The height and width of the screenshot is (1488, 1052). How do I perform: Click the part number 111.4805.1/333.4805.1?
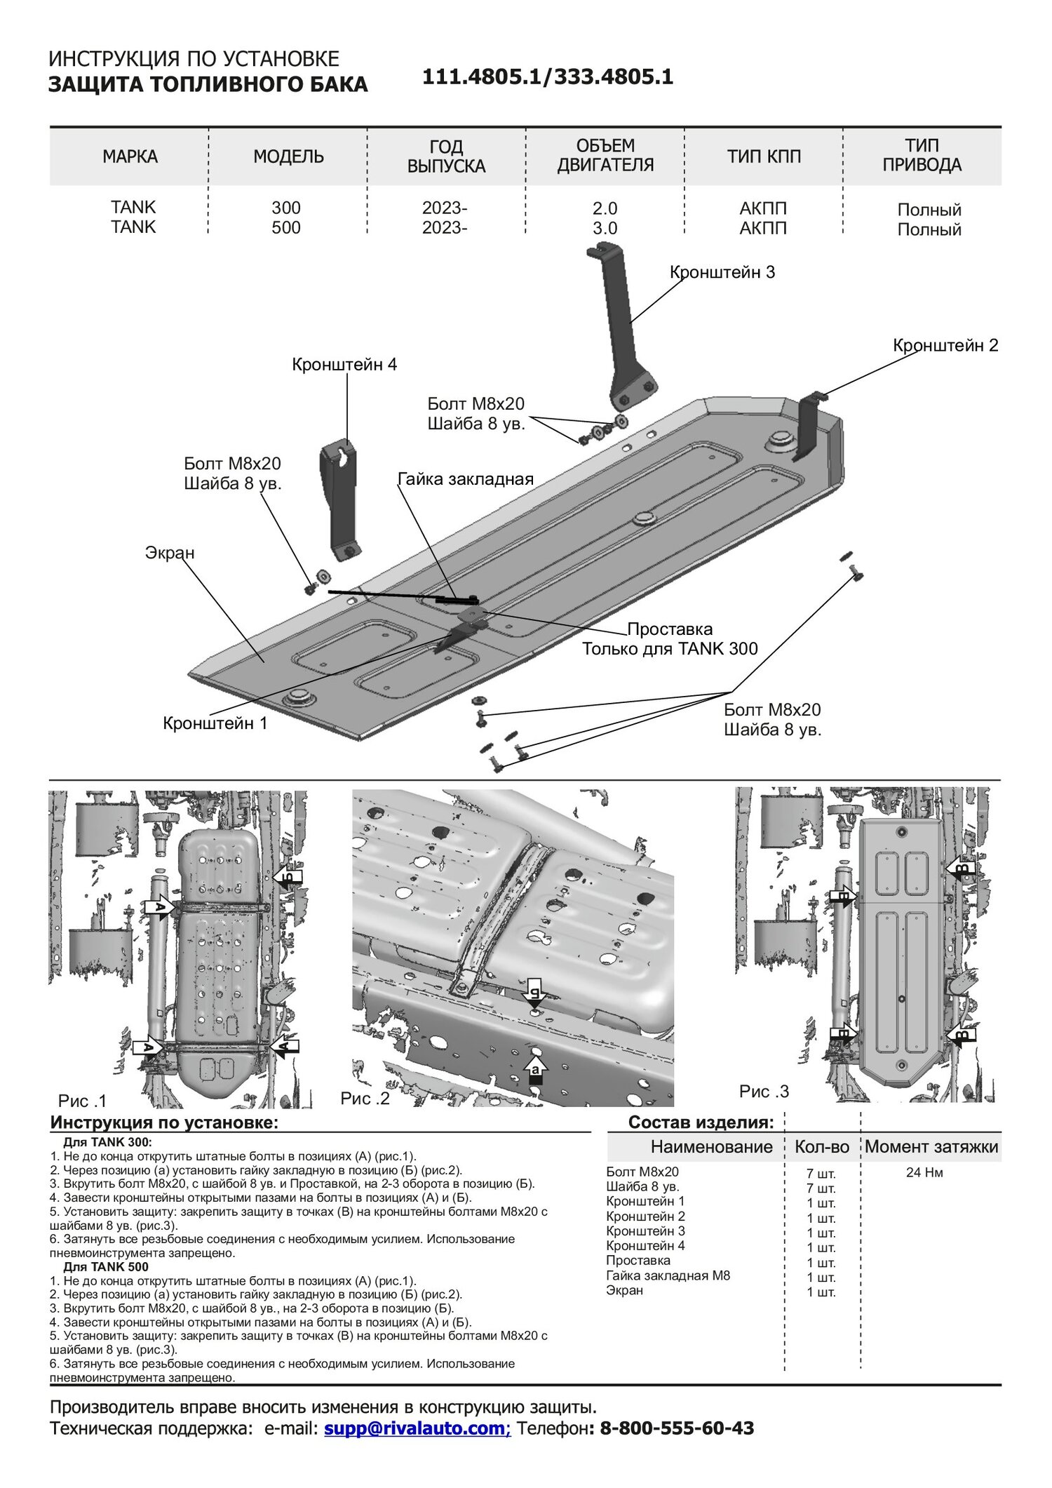547,77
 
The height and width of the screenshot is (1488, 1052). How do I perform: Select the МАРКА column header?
130,156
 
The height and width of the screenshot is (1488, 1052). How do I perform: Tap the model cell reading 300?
286,208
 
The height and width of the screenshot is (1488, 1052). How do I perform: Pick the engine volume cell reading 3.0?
605,229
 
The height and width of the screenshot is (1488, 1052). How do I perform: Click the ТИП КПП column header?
764,156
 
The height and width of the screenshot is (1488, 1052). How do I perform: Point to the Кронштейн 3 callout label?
722,272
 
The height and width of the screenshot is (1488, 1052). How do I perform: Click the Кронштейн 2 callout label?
945,345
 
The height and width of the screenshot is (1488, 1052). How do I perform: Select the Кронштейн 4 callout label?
344,365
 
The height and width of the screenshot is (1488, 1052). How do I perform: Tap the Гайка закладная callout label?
466,479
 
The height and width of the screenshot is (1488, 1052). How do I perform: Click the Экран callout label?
170,553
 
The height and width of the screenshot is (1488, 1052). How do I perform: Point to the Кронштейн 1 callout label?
215,723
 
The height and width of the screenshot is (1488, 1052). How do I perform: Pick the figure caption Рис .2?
365,1099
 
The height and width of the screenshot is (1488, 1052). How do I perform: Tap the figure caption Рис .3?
764,1092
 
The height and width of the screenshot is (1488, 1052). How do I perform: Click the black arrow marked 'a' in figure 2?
536,1071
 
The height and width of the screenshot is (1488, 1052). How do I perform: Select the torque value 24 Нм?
924,1172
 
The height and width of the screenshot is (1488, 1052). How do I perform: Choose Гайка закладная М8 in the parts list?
668,1275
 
